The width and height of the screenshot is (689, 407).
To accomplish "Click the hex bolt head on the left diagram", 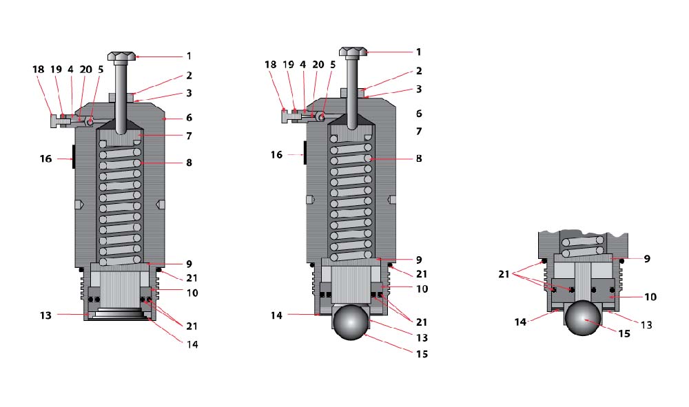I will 122,56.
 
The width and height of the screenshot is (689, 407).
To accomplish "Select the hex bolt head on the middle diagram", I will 353,52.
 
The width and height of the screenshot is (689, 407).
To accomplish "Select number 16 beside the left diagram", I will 45,158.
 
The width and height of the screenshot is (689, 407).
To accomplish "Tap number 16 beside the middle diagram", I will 276,155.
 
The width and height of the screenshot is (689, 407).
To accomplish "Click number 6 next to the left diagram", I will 188,118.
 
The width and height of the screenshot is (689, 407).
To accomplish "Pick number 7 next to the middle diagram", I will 418,130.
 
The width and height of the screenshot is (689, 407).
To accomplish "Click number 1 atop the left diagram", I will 188,56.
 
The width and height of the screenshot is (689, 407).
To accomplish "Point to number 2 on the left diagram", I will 188,76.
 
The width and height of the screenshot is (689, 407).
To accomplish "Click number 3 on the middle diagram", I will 418,89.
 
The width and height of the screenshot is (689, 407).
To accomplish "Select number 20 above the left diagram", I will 85,69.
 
